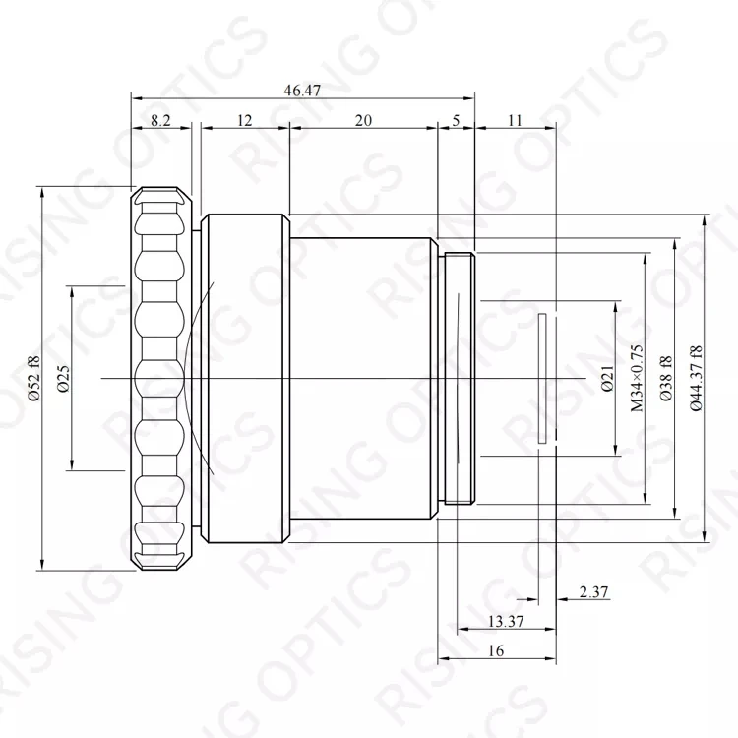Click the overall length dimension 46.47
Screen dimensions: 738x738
(x=302, y=90)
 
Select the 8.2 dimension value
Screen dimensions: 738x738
(x=160, y=120)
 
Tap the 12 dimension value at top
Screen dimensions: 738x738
(x=244, y=120)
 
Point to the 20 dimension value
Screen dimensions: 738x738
(x=363, y=120)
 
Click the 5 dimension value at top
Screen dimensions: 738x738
(x=456, y=120)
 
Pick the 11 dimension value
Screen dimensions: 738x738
(x=515, y=120)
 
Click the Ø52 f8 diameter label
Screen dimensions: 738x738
(x=34, y=379)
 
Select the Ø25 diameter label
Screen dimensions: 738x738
(x=63, y=379)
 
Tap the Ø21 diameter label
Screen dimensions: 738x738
(x=608, y=379)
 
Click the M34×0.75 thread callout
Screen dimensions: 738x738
(x=637, y=379)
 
